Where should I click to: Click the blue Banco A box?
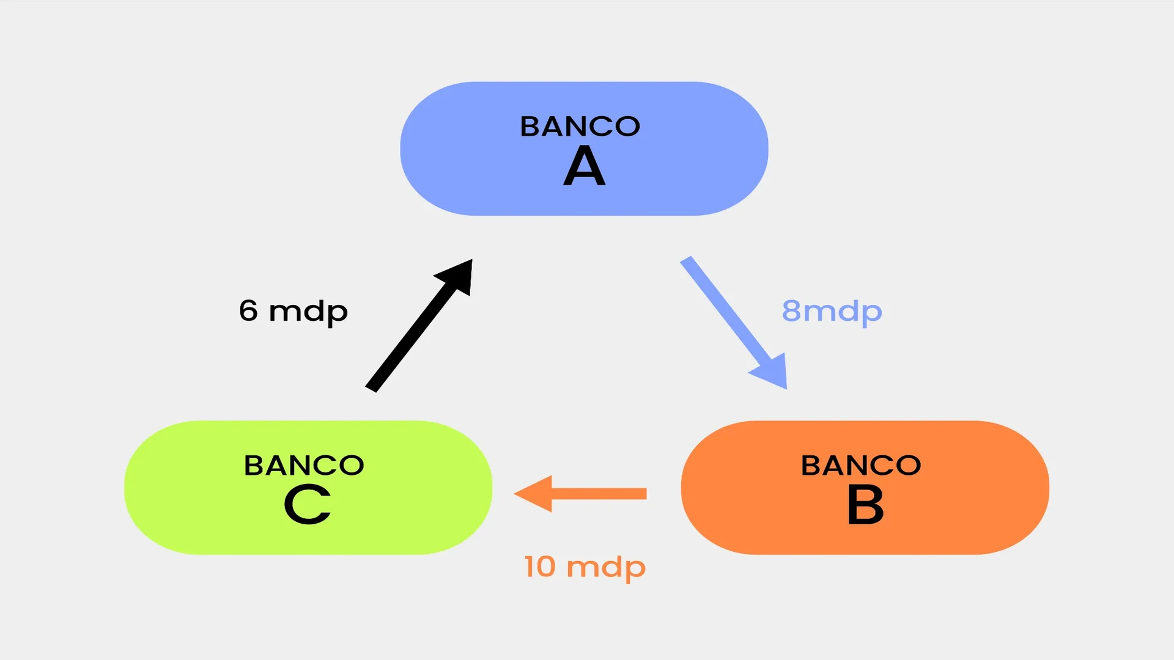click(673, 183)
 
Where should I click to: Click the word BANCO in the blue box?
click(580, 127)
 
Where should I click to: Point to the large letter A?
click(585, 166)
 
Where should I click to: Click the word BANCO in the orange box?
click(861, 466)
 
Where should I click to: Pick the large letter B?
click(865, 505)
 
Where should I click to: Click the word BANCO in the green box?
click(304, 466)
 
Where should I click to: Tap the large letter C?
click(308, 505)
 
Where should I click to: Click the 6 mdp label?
click(293, 312)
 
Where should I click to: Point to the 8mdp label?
click(832, 312)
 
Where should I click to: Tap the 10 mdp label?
click(585, 567)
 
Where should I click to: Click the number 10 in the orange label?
click(539, 566)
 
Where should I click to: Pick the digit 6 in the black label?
click(248, 310)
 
